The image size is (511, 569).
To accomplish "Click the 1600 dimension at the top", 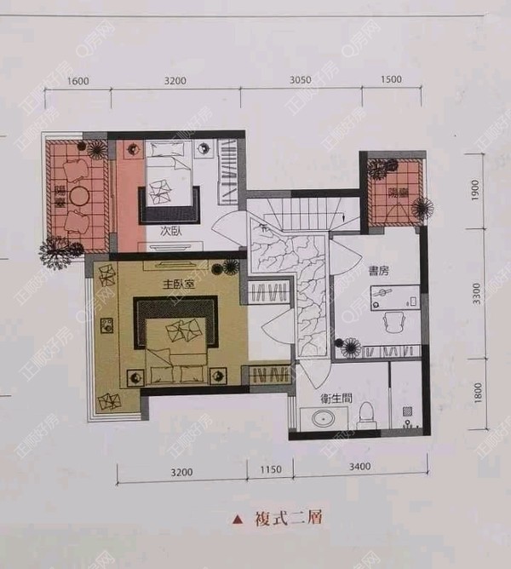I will click(78, 81).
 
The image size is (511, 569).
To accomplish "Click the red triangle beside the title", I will click(238, 518).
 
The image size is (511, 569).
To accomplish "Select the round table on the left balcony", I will click(80, 196).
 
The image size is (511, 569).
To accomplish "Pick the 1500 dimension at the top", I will click(391, 81).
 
